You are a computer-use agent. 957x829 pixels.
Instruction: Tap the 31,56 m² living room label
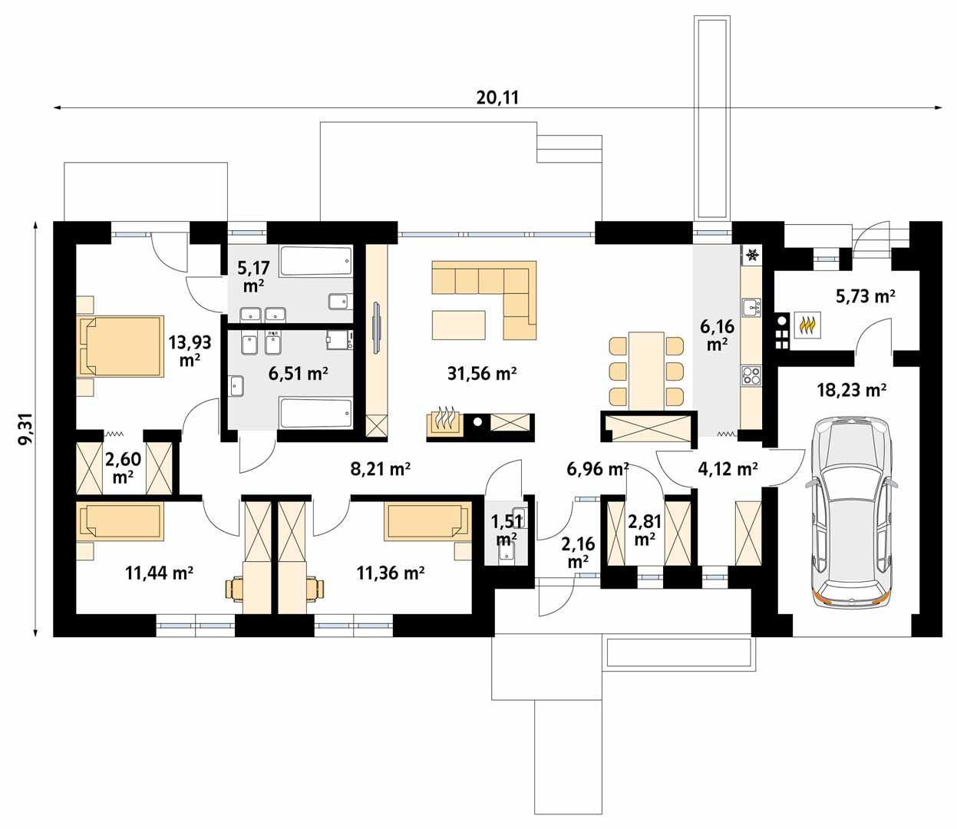click(x=481, y=374)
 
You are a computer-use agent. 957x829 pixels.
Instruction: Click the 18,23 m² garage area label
click(x=852, y=390)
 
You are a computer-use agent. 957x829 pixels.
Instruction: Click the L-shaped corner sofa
click(x=491, y=296)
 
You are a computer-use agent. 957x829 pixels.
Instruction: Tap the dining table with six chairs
click(x=645, y=370)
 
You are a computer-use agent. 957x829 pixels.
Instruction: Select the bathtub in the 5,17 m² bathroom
click(x=315, y=261)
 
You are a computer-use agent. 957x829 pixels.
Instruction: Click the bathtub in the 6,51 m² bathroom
click(x=315, y=413)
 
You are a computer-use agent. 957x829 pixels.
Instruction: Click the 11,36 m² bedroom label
click(x=391, y=572)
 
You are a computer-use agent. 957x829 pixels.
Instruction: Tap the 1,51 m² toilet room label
click(x=506, y=530)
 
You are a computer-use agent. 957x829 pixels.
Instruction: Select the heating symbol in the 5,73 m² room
click(x=807, y=325)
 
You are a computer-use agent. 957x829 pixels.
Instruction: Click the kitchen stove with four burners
click(x=751, y=375)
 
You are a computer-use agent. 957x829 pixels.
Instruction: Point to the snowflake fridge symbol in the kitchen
click(x=752, y=254)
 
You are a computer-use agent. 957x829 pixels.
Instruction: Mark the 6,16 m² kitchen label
click(x=717, y=335)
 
